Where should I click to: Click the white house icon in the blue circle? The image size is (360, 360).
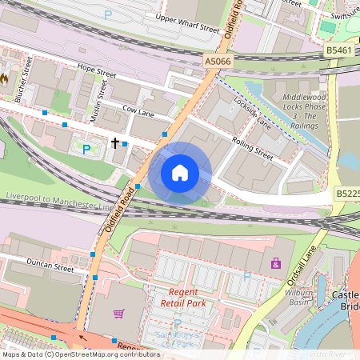click(x=180, y=173)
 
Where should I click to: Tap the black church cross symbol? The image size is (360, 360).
click(x=115, y=144)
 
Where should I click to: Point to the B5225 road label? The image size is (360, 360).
click(x=347, y=194)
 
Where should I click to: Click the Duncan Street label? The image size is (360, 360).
click(x=50, y=265)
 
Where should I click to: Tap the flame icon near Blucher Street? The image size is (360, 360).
click(x=6, y=79)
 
